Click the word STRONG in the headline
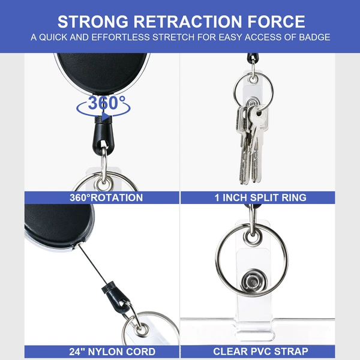(93, 22)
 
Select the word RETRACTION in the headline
(188, 22)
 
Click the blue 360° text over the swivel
(106, 103)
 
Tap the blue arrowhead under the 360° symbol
(106, 116)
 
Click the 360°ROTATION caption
(106, 197)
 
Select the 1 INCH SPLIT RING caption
(260, 197)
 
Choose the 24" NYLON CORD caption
(112, 352)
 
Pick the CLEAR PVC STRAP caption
(260, 352)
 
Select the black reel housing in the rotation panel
(102, 73)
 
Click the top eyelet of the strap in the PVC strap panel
(253, 238)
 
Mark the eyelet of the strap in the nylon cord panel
(141, 329)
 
